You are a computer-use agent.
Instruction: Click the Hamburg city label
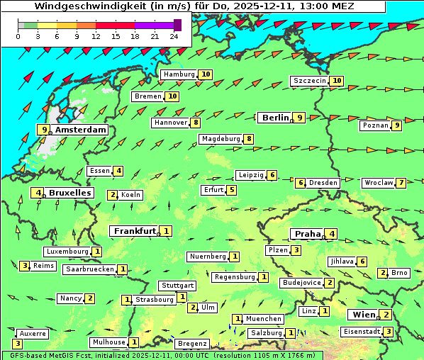pyautogui.click(x=179, y=74)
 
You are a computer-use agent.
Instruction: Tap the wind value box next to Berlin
pyautogui.click(x=300, y=118)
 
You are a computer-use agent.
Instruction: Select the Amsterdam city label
pyautogui.click(x=80, y=130)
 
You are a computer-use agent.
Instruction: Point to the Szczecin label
pyautogui.click(x=310, y=81)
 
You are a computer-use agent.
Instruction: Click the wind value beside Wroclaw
pyautogui.click(x=401, y=183)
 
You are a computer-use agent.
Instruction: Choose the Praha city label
pyautogui.click(x=308, y=234)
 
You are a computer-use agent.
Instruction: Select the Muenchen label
pyautogui.click(x=264, y=319)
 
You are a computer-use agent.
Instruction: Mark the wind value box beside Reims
pyautogui.click(x=25, y=266)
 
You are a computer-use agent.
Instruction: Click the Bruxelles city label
pyautogui.click(x=69, y=193)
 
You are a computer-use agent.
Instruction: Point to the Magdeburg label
pyautogui.click(x=221, y=139)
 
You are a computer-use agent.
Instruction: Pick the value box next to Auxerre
pyautogui.click(x=17, y=344)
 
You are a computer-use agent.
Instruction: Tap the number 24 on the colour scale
pyautogui.click(x=174, y=35)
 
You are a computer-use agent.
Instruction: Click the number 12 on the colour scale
pyautogui.click(x=96, y=35)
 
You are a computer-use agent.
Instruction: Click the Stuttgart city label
pyautogui.click(x=177, y=286)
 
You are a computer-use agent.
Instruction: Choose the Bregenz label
pyautogui.click(x=191, y=344)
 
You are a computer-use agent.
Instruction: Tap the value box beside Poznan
pyautogui.click(x=397, y=125)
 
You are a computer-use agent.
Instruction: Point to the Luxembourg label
pyautogui.click(x=67, y=252)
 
